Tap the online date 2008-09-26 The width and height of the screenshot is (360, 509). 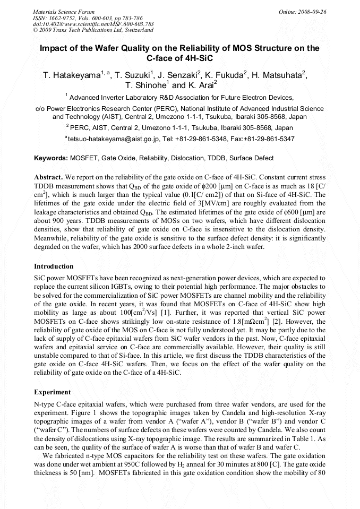point(313,11)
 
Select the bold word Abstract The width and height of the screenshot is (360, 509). point(49,176)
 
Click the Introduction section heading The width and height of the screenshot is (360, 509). point(54,266)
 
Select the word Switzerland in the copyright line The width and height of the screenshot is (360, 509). point(138,30)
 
